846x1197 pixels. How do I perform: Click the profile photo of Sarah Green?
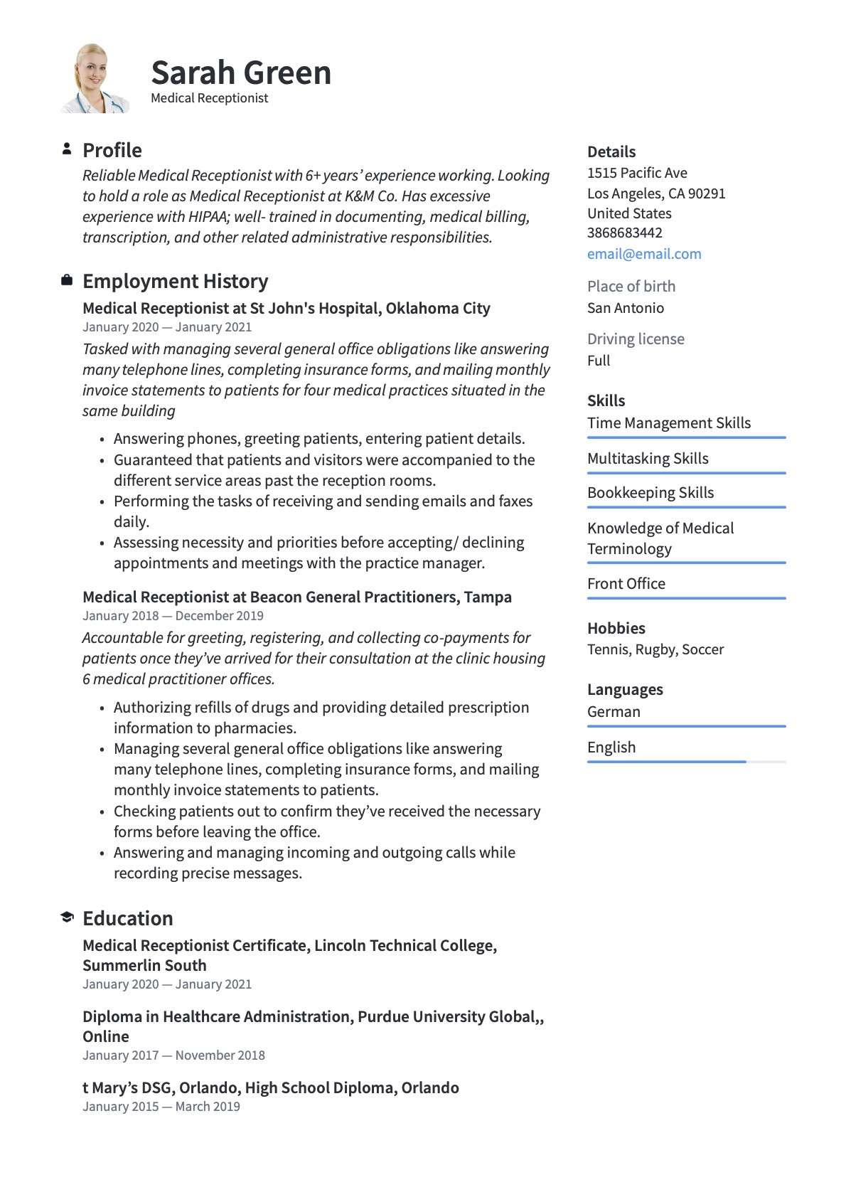(x=94, y=78)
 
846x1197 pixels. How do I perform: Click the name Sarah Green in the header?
(x=241, y=73)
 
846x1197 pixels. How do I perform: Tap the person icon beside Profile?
(x=67, y=149)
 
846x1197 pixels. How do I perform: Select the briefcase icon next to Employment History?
(x=67, y=280)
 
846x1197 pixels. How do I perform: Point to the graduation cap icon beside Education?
(x=67, y=917)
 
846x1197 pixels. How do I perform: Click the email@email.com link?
(x=644, y=254)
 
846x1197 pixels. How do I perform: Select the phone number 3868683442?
(x=624, y=233)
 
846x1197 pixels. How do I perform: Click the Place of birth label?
(x=631, y=286)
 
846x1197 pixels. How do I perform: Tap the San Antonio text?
(x=625, y=308)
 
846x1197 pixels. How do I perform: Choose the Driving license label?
(x=636, y=339)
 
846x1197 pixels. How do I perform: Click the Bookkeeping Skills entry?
(x=650, y=492)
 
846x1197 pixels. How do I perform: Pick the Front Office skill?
(x=626, y=583)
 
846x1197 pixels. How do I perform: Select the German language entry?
(x=614, y=711)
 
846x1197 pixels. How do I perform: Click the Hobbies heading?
(x=616, y=628)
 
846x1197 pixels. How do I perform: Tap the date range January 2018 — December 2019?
(x=173, y=616)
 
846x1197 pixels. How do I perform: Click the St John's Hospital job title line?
(x=286, y=308)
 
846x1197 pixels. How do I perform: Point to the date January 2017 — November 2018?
(x=173, y=1055)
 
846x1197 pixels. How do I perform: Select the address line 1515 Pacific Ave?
(x=637, y=173)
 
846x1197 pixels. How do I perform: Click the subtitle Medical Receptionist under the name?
(x=209, y=98)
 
